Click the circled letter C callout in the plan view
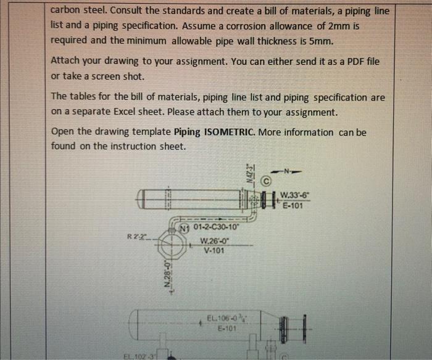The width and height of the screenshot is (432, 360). coord(266,182)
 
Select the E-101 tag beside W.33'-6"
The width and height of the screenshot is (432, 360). coord(293,206)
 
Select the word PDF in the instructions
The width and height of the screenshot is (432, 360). coord(342,62)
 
